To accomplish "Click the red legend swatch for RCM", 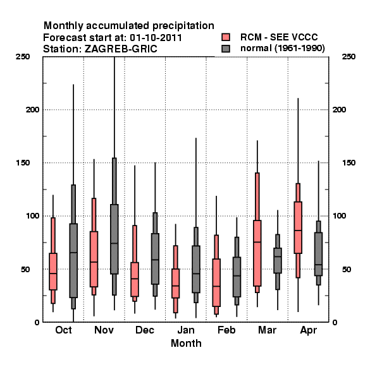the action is [x=226, y=37].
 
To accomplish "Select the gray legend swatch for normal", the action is [x=226, y=49].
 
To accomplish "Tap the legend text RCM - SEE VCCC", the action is [x=279, y=37].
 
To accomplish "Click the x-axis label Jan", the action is [x=186, y=330].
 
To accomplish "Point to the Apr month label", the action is [x=309, y=330].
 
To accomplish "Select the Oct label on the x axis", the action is [x=63, y=330].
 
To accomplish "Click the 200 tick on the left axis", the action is [x=33, y=109].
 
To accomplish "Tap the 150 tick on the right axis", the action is [x=348, y=163].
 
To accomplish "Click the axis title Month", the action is [x=186, y=343].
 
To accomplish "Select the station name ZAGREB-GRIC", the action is [x=121, y=49].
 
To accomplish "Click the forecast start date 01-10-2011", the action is [x=156, y=38].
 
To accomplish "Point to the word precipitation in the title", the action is [x=183, y=26].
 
